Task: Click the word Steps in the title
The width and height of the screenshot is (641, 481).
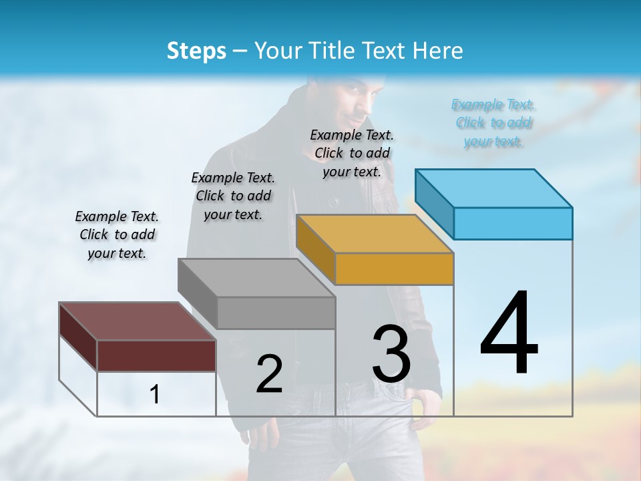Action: [196, 51]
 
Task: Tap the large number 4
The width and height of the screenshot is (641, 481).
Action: [509, 333]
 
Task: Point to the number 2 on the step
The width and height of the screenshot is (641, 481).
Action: [269, 374]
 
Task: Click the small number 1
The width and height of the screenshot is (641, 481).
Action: [155, 394]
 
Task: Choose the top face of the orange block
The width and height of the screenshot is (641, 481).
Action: [375, 234]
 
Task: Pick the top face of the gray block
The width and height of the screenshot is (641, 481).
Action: [256, 278]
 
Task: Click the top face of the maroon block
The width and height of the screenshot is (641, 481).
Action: [138, 321]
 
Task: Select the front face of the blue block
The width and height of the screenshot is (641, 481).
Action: [513, 223]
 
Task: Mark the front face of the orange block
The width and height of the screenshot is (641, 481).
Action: [394, 269]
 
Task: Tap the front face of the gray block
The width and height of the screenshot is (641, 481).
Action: [276, 313]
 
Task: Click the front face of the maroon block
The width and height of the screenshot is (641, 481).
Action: [156, 355]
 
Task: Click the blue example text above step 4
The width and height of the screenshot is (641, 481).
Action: [493, 123]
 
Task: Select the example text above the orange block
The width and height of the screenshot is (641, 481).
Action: [352, 153]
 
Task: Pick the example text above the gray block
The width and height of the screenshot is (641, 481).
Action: [233, 196]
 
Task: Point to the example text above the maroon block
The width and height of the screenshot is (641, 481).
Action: [117, 234]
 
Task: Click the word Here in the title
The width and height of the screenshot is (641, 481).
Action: [439, 51]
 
